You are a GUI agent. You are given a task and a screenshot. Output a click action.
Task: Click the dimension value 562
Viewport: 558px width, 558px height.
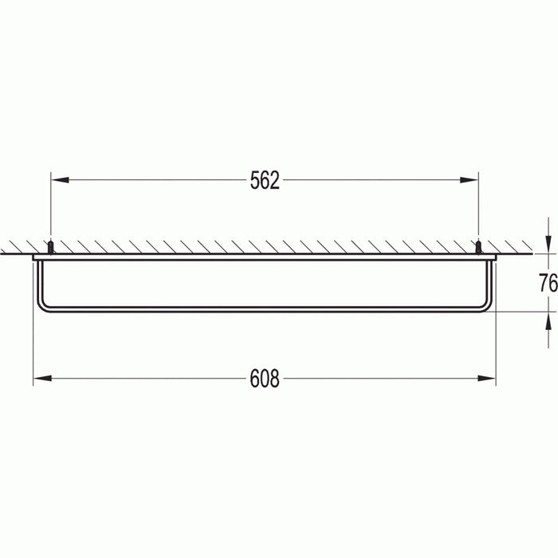(265, 181)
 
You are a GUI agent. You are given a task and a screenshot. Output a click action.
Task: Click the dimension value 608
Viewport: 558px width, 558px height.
(265, 379)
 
